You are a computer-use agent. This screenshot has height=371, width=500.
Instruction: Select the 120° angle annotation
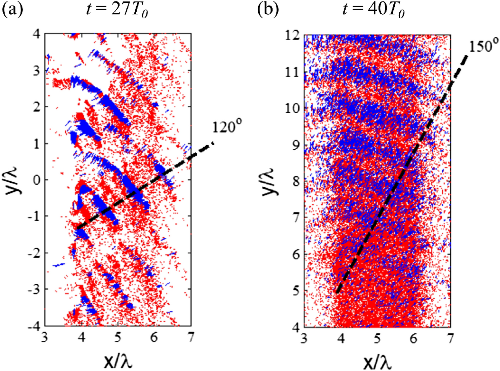point(228,126)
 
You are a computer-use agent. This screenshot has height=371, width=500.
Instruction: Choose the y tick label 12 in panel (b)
point(292,35)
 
